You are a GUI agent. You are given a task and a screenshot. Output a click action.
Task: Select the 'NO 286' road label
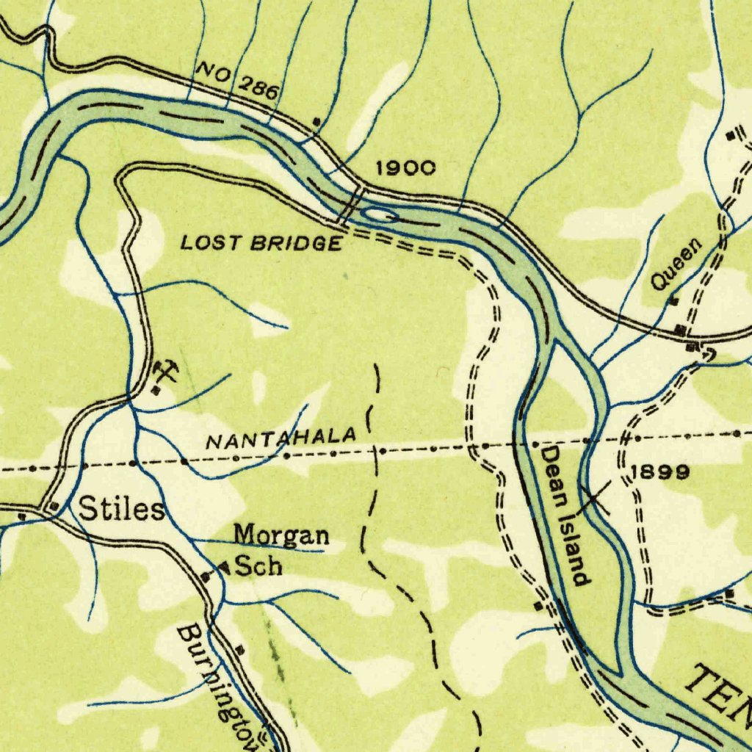(x=237, y=82)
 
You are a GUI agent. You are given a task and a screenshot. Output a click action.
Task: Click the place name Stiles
(x=121, y=509)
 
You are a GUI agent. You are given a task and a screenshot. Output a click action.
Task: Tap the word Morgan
(x=281, y=535)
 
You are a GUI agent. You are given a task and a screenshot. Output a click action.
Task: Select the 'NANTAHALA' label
(x=281, y=438)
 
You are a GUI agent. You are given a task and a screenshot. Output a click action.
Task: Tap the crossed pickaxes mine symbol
(x=165, y=372)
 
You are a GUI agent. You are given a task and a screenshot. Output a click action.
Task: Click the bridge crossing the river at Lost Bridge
(x=352, y=205)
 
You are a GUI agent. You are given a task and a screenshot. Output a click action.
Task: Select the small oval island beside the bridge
(x=380, y=216)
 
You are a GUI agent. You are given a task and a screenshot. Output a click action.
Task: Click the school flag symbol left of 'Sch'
(x=223, y=567)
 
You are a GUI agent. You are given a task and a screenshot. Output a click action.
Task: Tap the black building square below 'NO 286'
(x=317, y=121)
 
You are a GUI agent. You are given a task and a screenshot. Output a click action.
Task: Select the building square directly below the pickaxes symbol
(x=156, y=391)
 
